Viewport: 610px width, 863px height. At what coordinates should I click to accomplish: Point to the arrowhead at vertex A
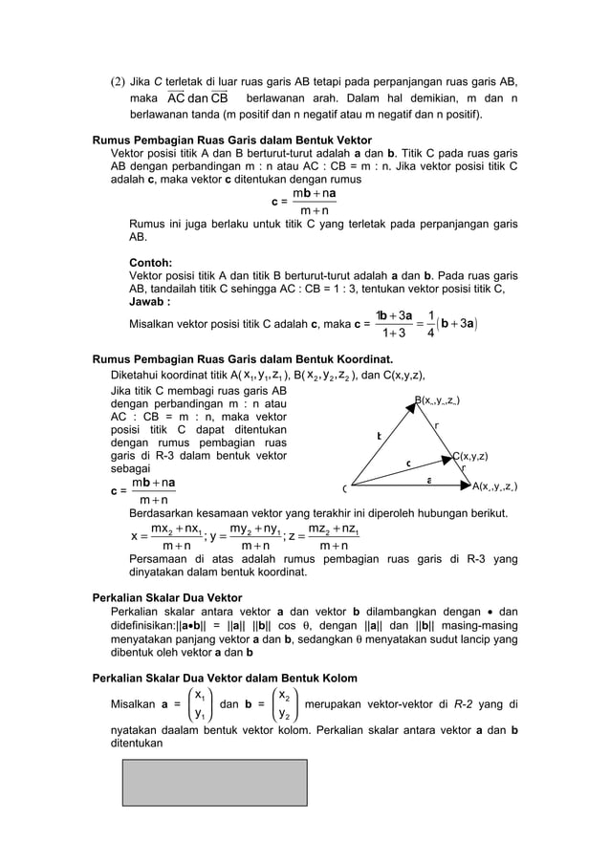point(466,485)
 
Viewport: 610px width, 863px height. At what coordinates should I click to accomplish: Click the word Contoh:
point(150,261)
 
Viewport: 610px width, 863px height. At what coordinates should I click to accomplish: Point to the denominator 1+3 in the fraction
point(394,333)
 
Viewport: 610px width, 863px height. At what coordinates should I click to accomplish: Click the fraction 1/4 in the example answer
point(432,323)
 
